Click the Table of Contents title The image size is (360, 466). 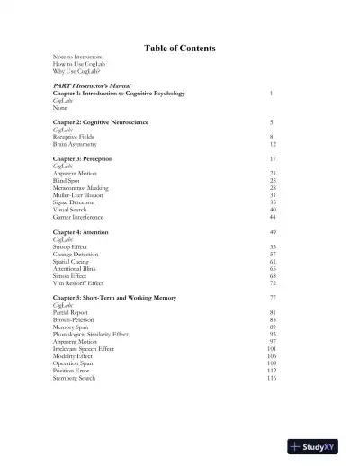(x=180, y=48)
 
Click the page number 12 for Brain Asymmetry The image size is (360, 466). (x=272, y=143)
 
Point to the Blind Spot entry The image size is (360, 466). (x=67, y=180)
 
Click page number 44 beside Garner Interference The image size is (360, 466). (x=272, y=217)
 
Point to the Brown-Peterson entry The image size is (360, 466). (x=74, y=319)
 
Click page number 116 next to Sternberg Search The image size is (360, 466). (x=271, y=378)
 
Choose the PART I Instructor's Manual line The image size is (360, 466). (x=94, y=85)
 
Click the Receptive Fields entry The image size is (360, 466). (x=74, y=136)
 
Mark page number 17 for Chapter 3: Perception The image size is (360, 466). (x=272, y=158)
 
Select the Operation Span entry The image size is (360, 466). (x=73, y=363)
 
